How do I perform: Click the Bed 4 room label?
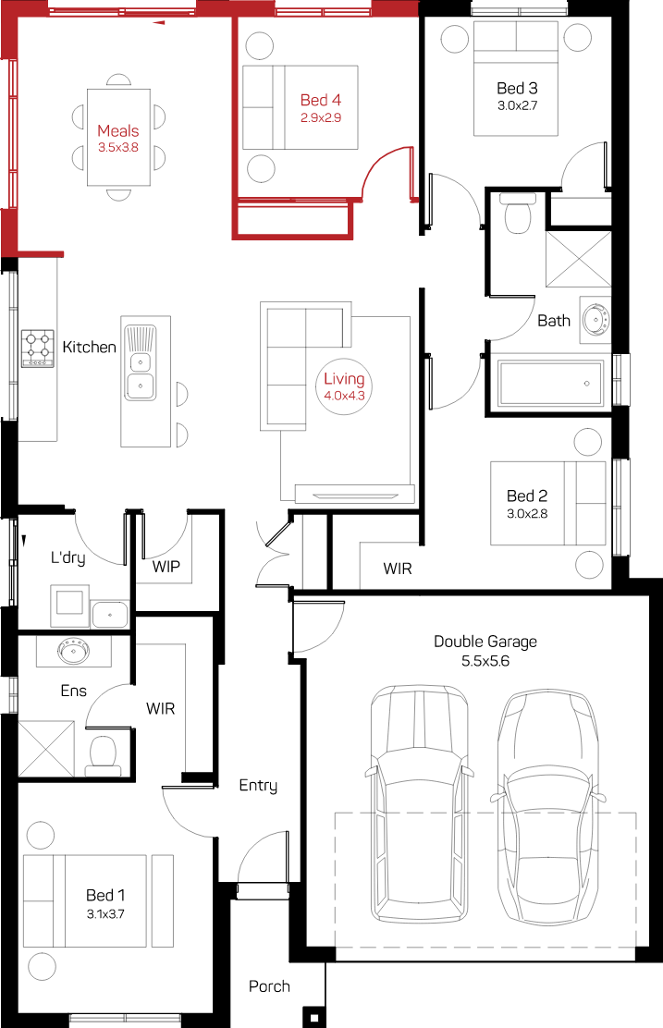(321, 101)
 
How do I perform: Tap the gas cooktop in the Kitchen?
(37, 349)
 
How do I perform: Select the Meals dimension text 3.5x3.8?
(118, 148)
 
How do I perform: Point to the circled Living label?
(344, 385)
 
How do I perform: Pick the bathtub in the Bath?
(551, 383)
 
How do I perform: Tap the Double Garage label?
(485, 642)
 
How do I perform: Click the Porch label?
(269, 986)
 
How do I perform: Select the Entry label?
(258, 786)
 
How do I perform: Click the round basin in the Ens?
(72, 651)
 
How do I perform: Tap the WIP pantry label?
(166, 567)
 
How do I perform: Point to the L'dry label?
(68, 558)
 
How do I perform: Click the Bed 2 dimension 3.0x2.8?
(527, 514)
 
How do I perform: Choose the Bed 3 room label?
(518, 88)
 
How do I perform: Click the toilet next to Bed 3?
(518, 214)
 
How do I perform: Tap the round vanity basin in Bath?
(596, 320)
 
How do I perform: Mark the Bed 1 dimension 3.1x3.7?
(105, 914)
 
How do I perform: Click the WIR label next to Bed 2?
(398, 569)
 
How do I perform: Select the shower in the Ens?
(46, 749)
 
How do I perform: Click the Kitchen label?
(89, 347)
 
